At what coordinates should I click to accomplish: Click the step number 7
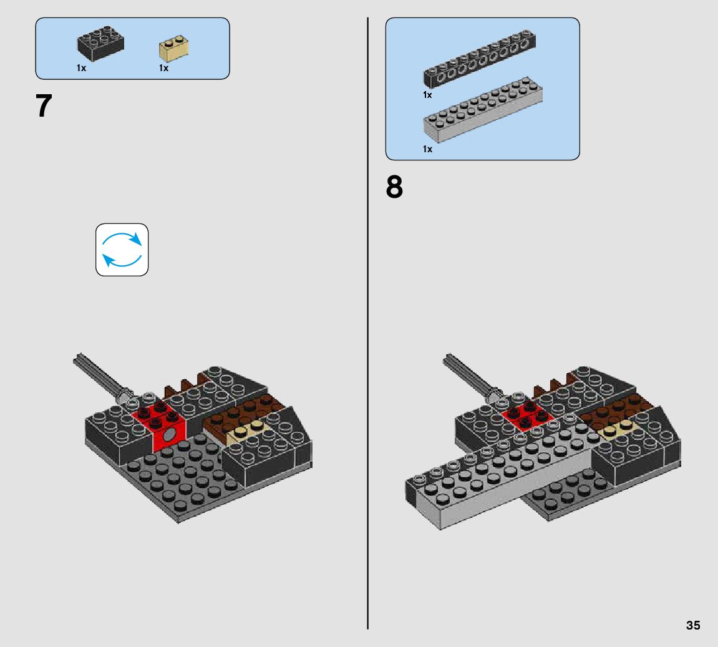click(x=44, y=106)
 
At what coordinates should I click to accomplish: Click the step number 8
click(x=394, y=187)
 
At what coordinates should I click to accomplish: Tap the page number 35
click(x=693, y=625)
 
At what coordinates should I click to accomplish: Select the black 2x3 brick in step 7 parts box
click(x=100, y=44)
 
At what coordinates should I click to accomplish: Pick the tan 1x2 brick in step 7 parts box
click(x=173, y=49)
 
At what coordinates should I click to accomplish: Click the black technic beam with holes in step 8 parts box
click(x=480, y=59)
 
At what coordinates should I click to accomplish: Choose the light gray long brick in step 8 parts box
click(x=483, y=109)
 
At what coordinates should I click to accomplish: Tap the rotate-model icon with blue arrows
click(x=122, y=250)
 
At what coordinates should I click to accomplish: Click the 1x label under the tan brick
click(x=163, y=68)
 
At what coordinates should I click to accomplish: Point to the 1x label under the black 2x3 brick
click(x=81, y=68)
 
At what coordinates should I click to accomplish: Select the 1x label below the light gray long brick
click(x=427, y=149)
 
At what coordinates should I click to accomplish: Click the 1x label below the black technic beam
click(x=427, y=95)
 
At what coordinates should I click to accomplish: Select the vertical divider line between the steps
click(x=367, y=323)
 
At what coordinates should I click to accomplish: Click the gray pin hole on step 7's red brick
click(x=170, y=434)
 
